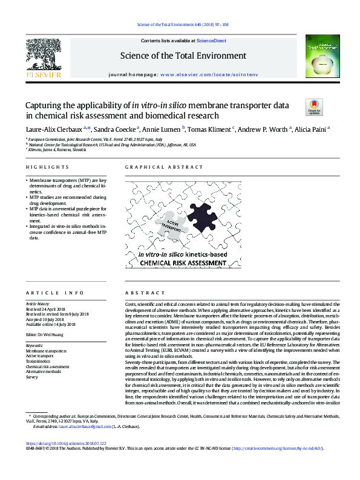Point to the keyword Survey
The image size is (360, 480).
pyautogui.click(x=32, y=377)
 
